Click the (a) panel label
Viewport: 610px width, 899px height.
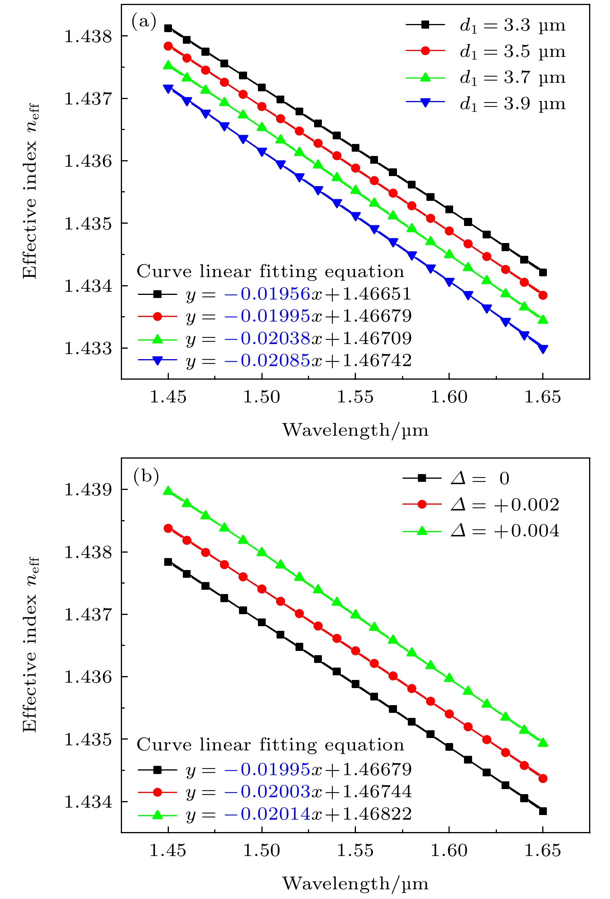(144, 21)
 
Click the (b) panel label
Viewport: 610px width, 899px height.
(146, 476)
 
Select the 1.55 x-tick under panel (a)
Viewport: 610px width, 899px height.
(355, 397)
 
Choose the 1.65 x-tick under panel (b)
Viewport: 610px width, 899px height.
(543, 850)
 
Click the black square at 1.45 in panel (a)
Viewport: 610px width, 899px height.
(168, 28)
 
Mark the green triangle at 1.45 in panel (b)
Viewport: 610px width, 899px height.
(168, 491)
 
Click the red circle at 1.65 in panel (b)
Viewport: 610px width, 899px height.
(543, 778)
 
